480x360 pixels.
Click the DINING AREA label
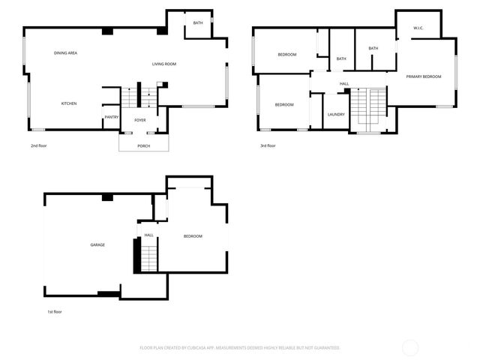(x=66, y=53)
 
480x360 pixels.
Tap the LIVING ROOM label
(x=164, y=64)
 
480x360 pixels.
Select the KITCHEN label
(x=69, y=103)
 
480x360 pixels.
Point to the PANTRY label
(x=112, y=117)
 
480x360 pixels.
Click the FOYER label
(x=140, y=120)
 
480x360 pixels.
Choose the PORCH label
(x=143, y=145)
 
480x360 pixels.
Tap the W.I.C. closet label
(x=418, y=28)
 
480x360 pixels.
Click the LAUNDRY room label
(x=336, y=114)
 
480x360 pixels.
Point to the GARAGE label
(x=97, y=244)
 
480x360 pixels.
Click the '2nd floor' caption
(x=39, y=145)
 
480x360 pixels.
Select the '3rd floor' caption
(x=268, y=145)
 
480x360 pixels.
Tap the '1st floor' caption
(x=55, y=310)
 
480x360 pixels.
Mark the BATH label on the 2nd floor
(x=198, y=23)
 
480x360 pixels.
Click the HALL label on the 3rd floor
(x=344, y=83)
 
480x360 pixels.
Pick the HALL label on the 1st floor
(x=149, y=235)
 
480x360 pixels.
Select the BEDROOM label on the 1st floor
(x=193, y=236)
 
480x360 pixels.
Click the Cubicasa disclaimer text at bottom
(x=240, y=348)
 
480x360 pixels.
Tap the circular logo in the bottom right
(x=410, y=347)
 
